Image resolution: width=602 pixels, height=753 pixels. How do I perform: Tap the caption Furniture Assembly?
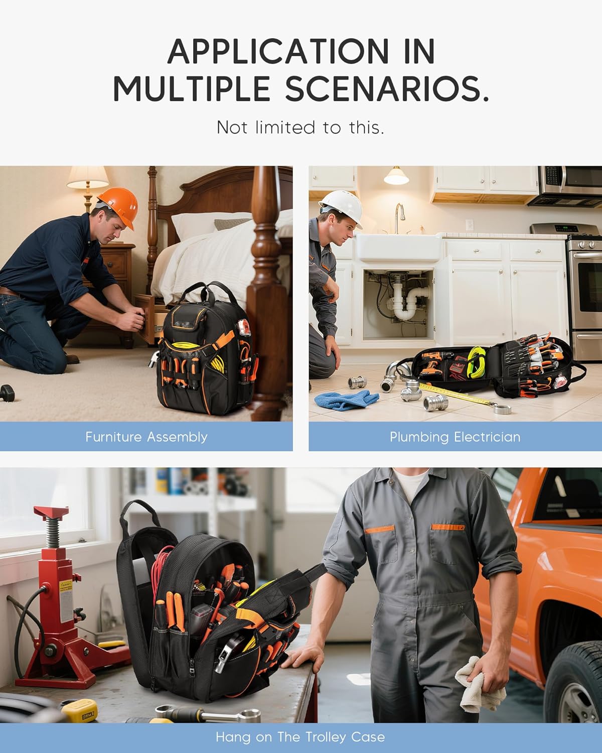pos(146,437)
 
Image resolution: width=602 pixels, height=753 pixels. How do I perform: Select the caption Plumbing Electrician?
pos(455,437)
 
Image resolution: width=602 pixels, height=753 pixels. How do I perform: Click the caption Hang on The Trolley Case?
pos(300,737)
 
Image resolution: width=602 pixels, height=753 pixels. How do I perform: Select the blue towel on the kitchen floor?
pos(346,400)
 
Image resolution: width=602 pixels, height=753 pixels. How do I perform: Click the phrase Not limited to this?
pos(300,128)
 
